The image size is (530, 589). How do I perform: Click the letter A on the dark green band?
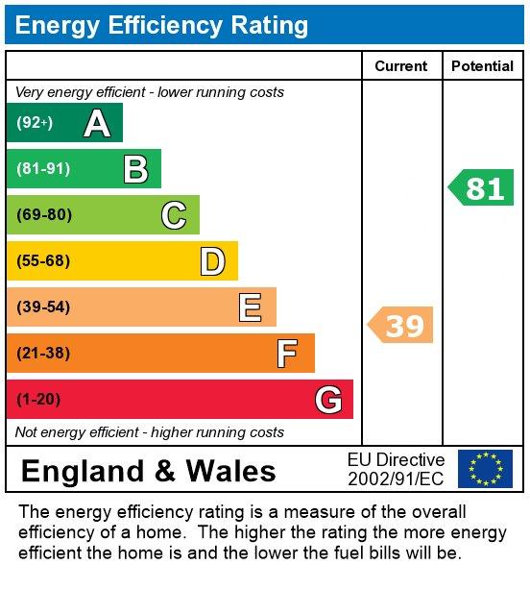click(x=97, y=123)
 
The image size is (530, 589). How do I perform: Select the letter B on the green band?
click(x=135, y=169)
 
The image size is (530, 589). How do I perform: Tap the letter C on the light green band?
click(x=174, y=215)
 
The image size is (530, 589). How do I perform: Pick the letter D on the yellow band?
click(x=212, y=261)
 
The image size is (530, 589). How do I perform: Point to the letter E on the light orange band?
click(x=250, y=307)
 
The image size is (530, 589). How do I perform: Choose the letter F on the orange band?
click(x=287, y=354)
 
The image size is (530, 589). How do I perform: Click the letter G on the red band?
click(x=328, y=400)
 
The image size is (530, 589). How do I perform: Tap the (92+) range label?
click(x=35, y=123)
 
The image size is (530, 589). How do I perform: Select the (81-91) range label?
click(x=43, y=169)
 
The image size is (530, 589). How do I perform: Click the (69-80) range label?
click(x=44, y=215)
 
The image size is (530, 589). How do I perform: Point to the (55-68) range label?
click(x=43, y=261)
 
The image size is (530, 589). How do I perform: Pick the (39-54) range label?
click(x=43, y=307)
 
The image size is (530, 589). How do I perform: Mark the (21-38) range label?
click(x=43, y=354)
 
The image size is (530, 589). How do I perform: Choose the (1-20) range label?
click(x=38, y=400)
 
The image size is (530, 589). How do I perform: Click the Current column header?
click(x=401, y=66)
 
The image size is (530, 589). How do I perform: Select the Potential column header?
click(x=482, y=66)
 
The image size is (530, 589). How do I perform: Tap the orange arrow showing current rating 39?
click(x=401, y=326)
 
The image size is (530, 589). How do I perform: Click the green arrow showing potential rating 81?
click(x=482, y=187)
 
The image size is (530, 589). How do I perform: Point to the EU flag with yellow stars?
click(x=485, y=469)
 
